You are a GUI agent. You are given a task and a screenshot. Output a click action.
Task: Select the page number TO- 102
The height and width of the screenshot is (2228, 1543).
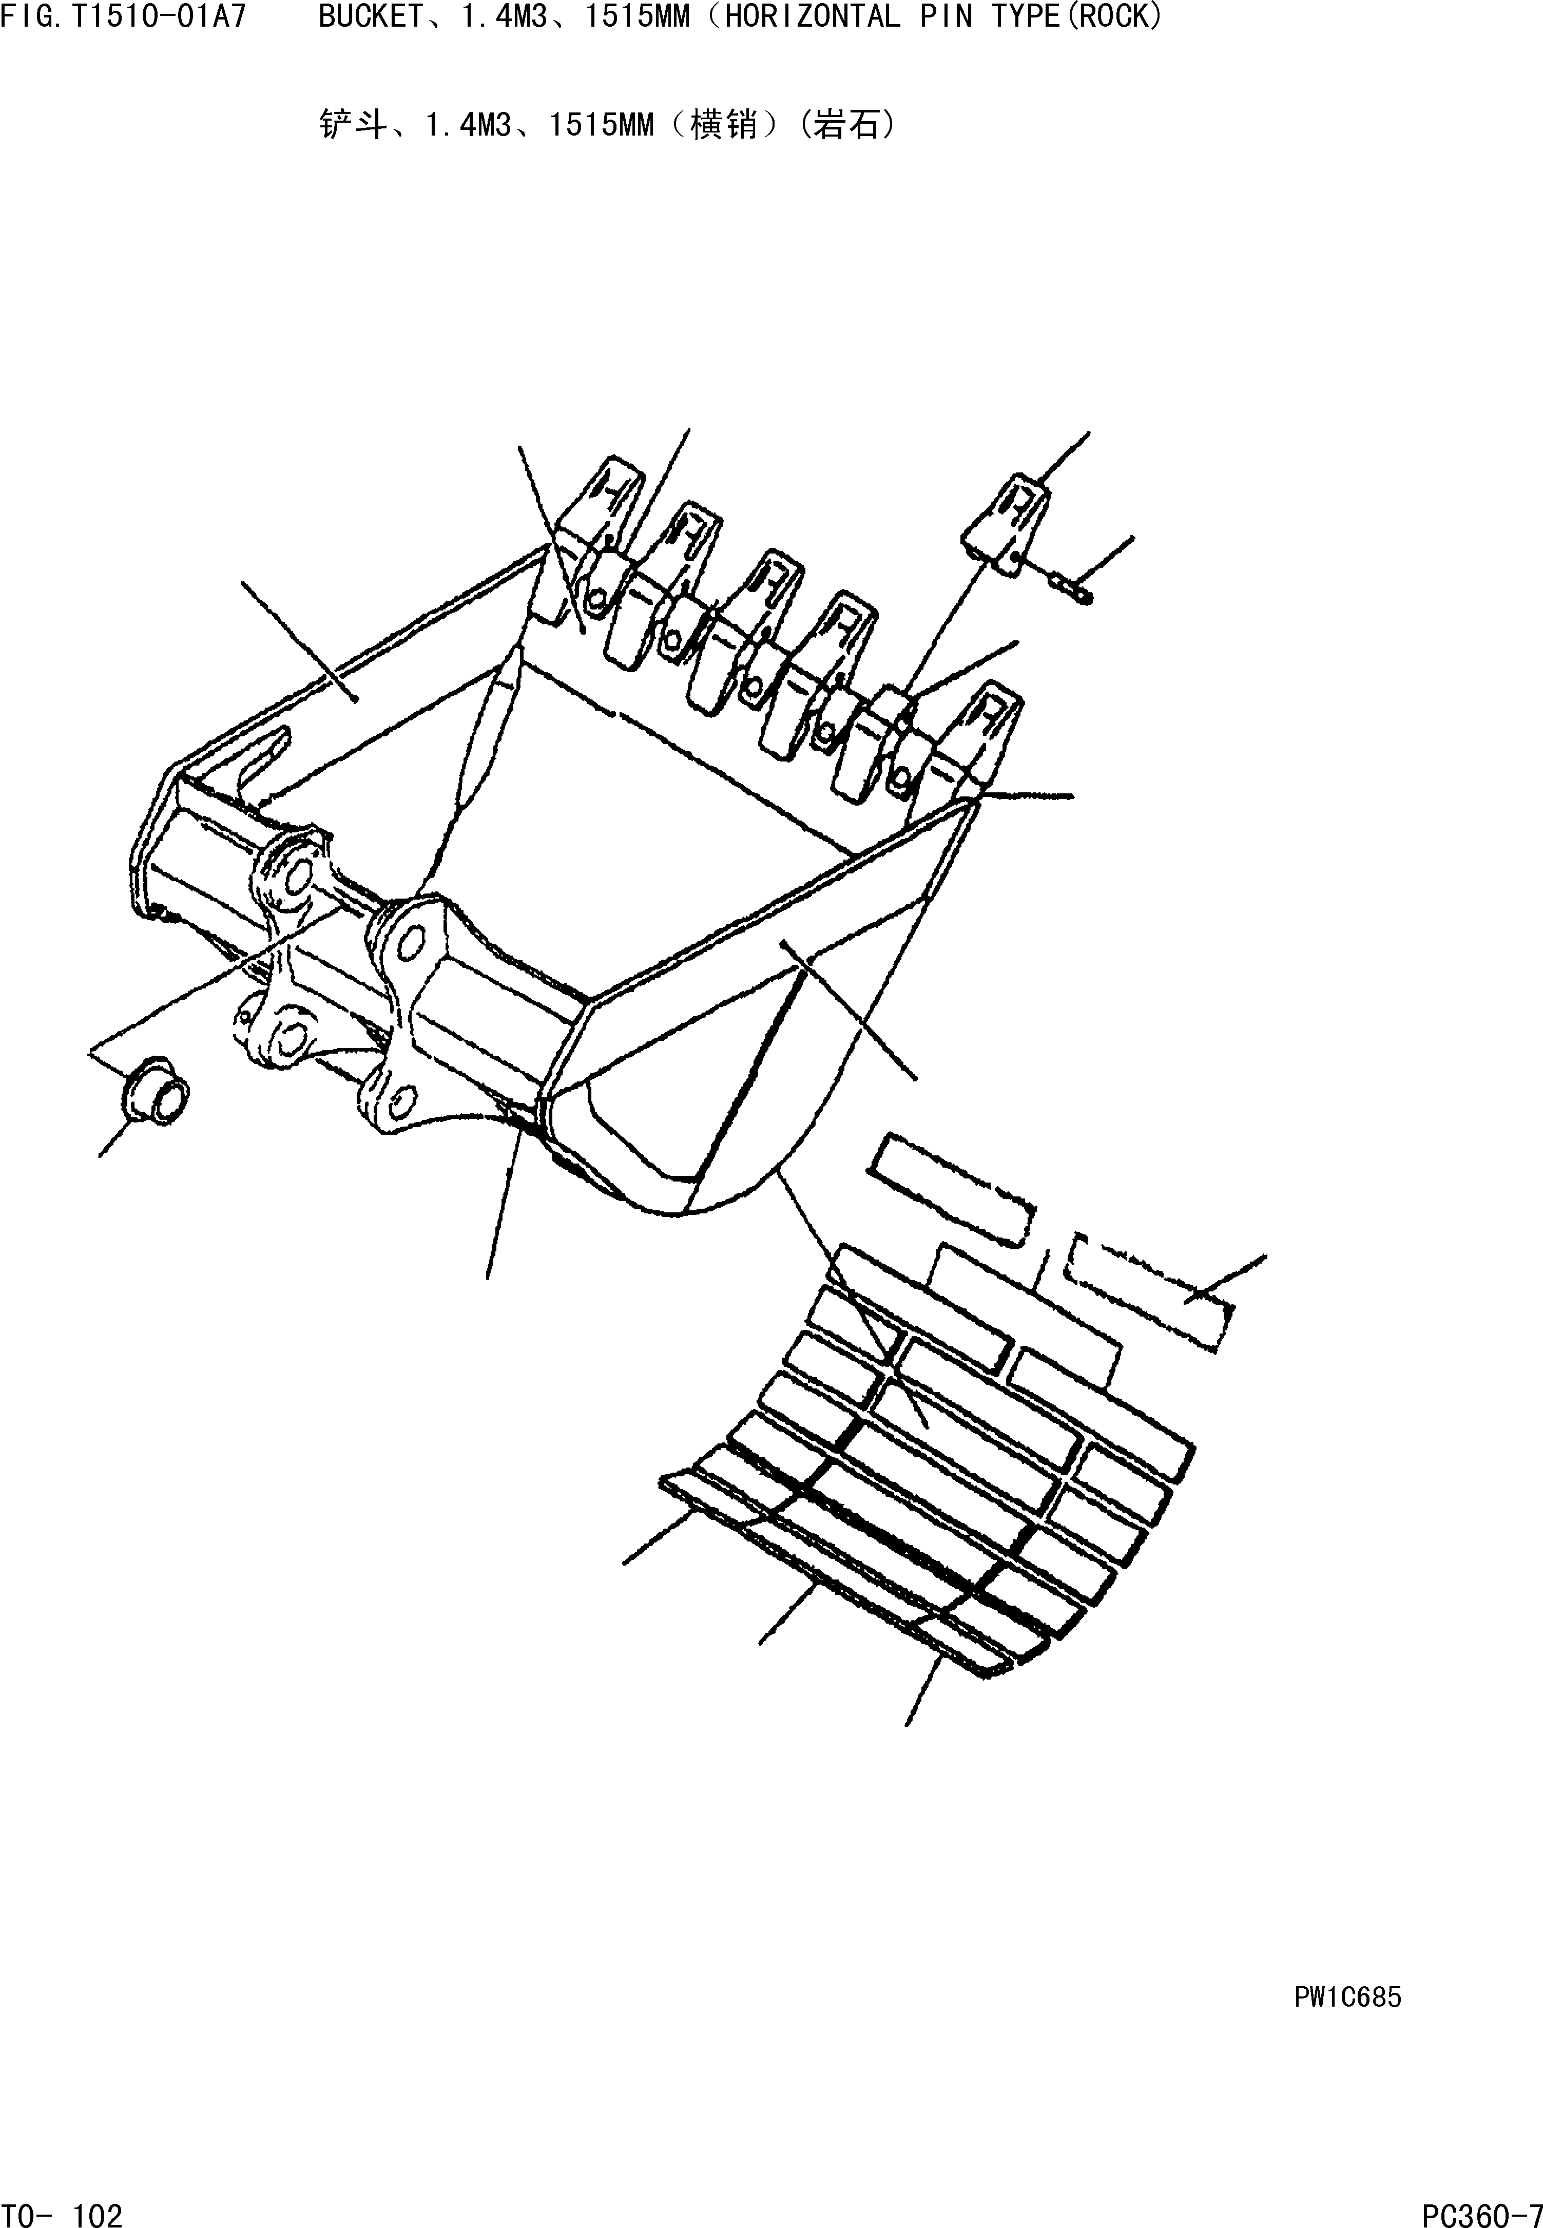(62, 2207)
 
